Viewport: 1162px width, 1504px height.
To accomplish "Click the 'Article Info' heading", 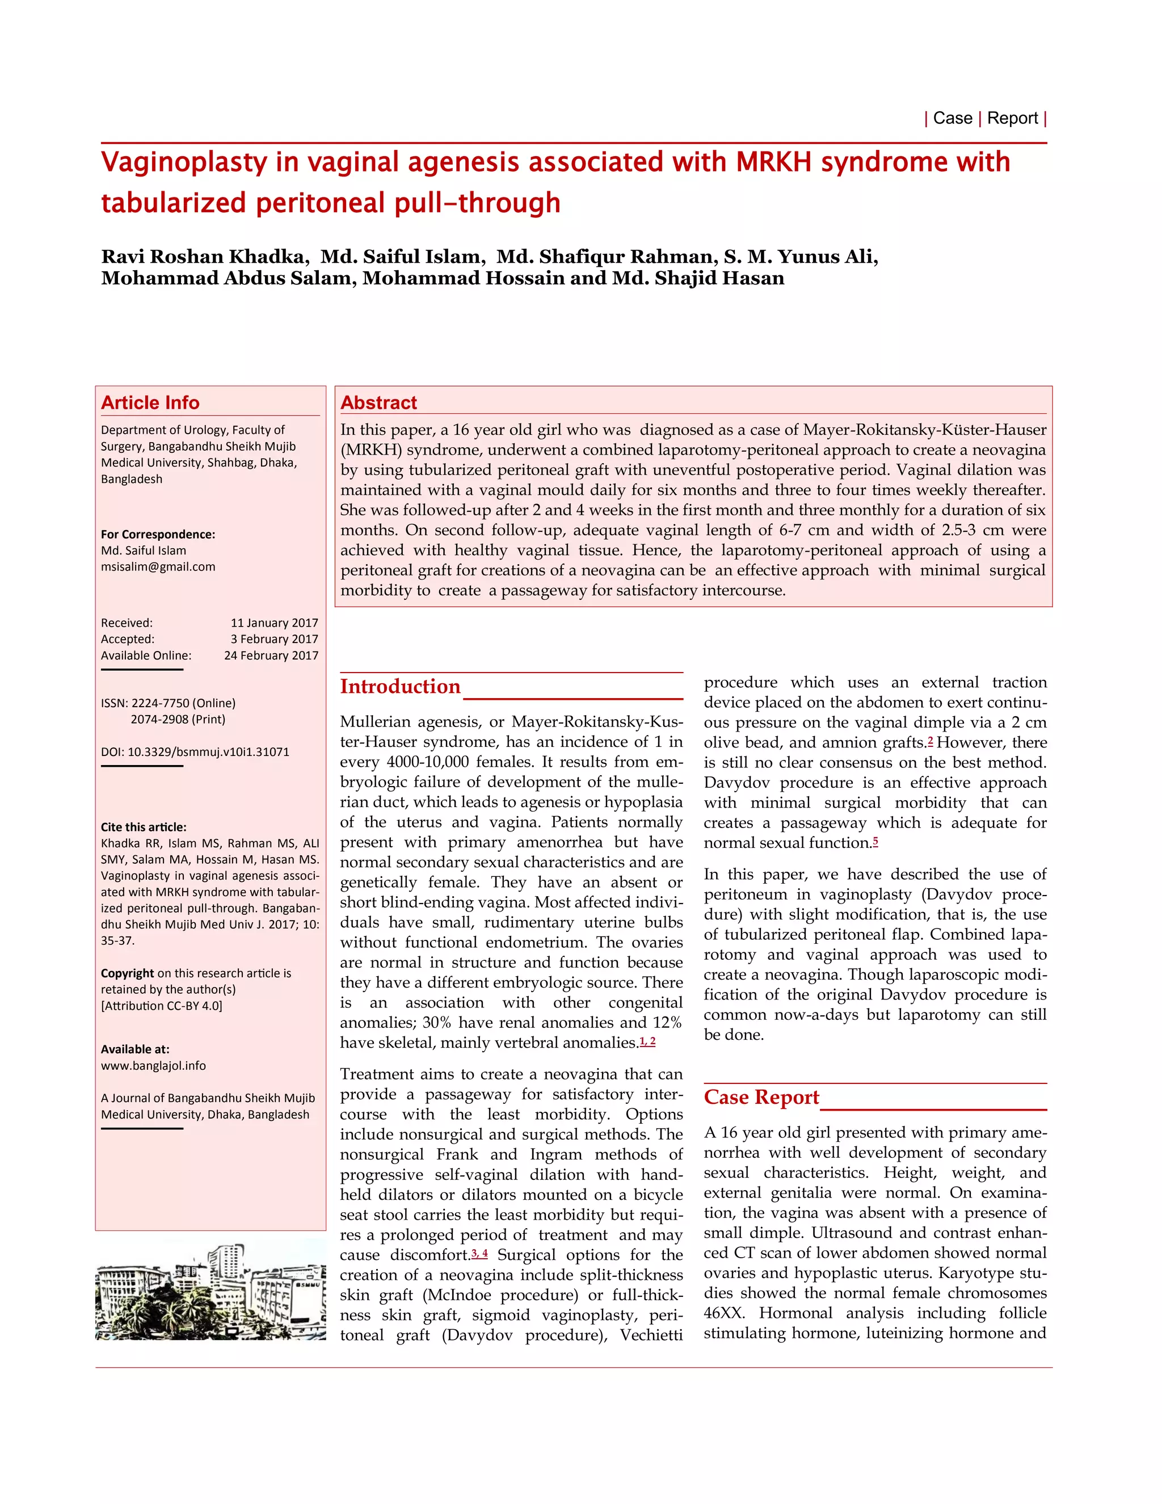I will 150,403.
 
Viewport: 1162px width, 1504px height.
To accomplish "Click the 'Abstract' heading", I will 378,403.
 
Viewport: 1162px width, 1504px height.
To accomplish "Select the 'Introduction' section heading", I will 400,687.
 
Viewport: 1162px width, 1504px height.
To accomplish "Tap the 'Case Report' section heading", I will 761,1098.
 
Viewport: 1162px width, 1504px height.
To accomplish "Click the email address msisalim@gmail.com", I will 158,567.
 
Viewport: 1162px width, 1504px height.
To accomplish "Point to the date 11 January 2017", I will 274,623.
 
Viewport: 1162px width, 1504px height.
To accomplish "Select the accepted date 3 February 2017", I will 274,639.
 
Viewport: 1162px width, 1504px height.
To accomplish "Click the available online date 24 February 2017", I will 271,656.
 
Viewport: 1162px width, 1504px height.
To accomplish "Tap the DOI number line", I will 195,752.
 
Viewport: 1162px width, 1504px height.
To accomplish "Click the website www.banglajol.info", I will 153,1065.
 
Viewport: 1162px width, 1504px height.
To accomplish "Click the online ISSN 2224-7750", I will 183,703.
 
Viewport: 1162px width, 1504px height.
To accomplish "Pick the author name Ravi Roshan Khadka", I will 203,257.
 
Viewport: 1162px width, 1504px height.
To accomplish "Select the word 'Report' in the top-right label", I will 1012,119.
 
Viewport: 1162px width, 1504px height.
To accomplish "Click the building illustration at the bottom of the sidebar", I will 210,1293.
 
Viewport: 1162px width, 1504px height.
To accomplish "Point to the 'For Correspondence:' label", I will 158,535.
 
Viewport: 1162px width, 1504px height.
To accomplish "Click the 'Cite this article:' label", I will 143,827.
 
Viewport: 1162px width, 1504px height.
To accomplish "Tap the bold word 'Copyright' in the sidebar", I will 127,973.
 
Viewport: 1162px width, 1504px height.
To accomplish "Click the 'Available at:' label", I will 135,1049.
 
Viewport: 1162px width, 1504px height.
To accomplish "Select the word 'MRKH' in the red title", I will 773,162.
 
